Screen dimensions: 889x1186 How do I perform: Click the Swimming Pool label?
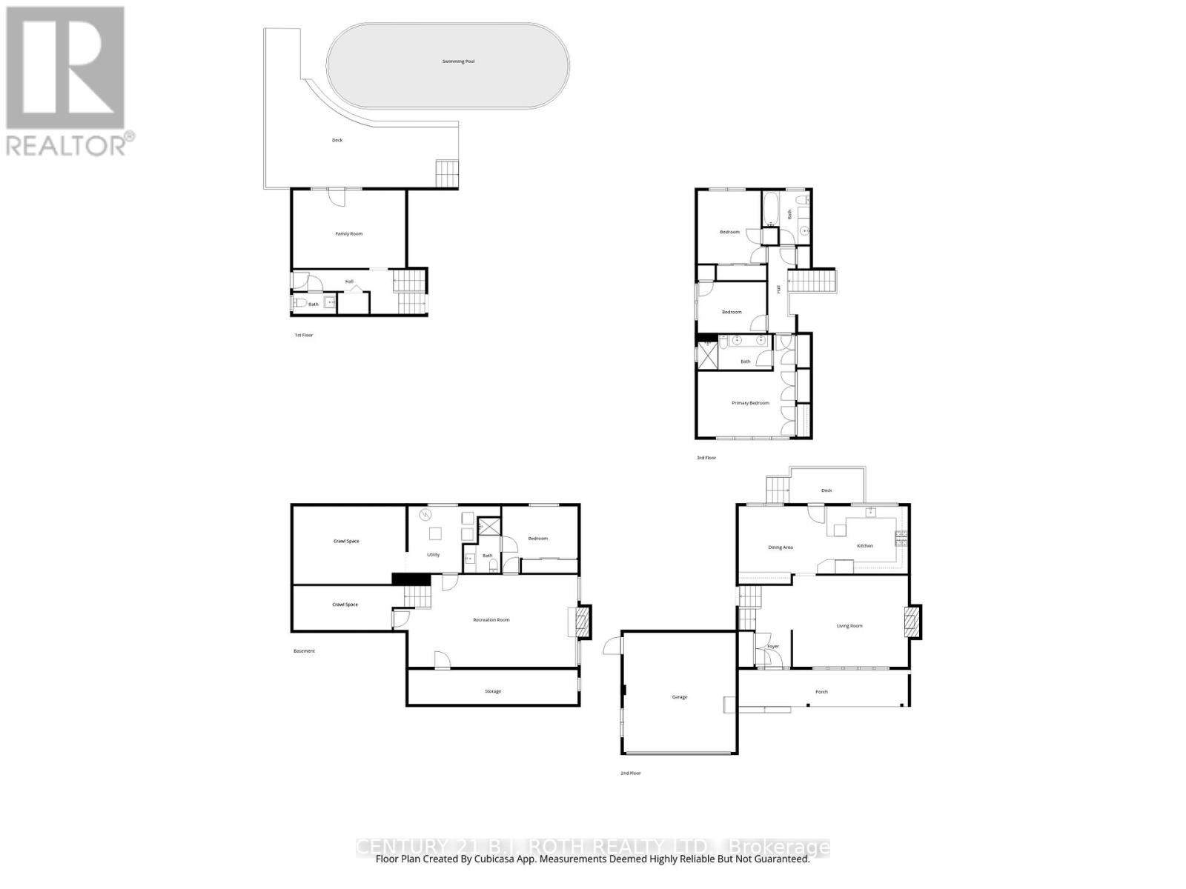click(x=458, y=61)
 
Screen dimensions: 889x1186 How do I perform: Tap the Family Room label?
click(x=349, y=233)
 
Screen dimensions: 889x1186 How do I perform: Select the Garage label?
click(x=679, y=697)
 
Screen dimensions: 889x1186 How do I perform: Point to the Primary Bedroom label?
click(x=750, y=403)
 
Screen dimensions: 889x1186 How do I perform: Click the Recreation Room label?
click(x=491, y=619)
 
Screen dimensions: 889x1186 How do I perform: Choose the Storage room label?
click(x=493, y=691)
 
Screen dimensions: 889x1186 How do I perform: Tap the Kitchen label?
click(x=865, y=546)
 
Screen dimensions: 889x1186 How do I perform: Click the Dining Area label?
click(x=781, y=547)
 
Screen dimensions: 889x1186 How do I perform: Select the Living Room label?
click(x=849, y=626)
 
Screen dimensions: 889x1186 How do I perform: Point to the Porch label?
click(x=821, y=692)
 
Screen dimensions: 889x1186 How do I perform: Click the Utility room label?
click(x=433, y=554)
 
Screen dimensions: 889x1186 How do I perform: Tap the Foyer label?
click(x=773, y=647)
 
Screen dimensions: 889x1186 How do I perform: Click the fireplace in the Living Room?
click(x=913, y=622)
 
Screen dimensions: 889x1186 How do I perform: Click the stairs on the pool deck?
click(x=447, y=173)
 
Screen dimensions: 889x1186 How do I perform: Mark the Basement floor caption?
click(x=304, y=651)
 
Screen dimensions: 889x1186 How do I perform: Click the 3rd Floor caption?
click(x=706, y=458)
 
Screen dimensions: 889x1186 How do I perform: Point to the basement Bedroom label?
click(x=538, y=539)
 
